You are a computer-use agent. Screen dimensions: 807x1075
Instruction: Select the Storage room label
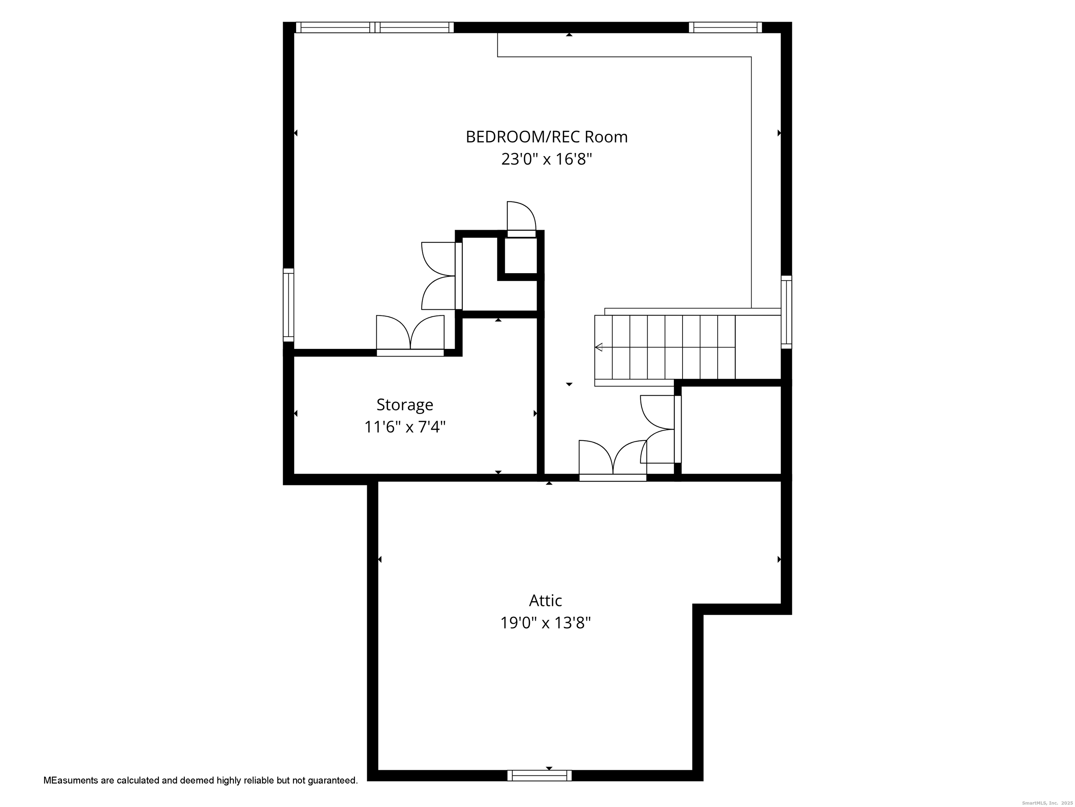404,405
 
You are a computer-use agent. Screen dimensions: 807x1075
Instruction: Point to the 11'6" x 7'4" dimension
404,427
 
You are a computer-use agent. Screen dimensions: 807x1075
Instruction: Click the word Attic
545,601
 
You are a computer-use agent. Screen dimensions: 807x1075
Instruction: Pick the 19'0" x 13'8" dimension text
545,623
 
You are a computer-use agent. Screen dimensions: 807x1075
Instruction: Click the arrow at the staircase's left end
599,347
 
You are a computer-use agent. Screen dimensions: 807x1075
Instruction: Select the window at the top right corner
725,27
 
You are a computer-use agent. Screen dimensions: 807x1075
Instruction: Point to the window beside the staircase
786,312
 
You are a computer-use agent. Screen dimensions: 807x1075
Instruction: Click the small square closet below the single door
521,256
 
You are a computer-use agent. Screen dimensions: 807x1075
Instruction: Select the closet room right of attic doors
731,430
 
